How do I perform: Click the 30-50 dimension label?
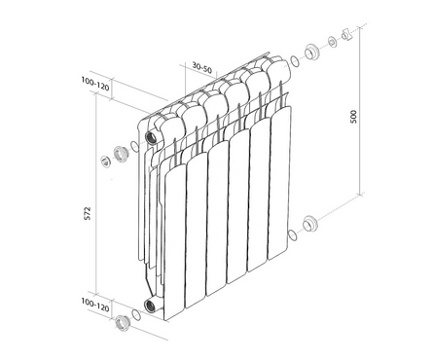click(201, 68)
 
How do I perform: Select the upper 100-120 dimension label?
click(95, 84)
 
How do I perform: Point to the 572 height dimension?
click(88, 213)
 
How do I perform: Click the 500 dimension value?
click(353, 117)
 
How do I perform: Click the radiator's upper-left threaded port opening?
click(151, 138)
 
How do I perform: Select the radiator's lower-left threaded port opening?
click(150, 306)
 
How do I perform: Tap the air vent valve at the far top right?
click(345, 34)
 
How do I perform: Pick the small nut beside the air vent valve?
click(332, 42)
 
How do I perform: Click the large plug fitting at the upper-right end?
click(311, 52)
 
